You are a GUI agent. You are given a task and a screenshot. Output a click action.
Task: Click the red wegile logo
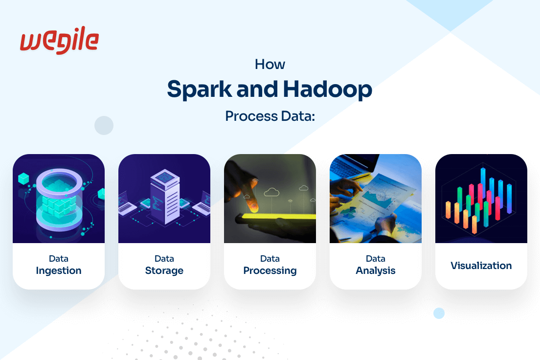pyautogui.click(x=59, y=40)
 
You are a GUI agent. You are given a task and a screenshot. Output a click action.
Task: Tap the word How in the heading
pyautogui.click(x=270, y=65)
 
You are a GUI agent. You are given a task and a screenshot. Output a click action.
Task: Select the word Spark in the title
pyautogui.click(x=200, y=89)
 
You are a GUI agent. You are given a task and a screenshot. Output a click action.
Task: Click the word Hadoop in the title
pyautogui.click(x=328, y=89)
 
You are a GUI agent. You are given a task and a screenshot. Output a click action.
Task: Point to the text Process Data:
pyautogui.click(x=270, y=116)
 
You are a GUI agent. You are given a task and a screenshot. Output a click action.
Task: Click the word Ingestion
pyautogui.click(x=59, y=271)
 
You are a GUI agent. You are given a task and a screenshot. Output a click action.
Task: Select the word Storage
pyautogui.click(x=164, y=271)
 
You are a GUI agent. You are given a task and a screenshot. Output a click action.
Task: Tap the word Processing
pyautogui.click(x=270, y=271)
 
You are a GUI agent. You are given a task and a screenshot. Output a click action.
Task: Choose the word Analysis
pyautogui.click(x=375, y=271)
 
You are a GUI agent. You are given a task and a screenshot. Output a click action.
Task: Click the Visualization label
pyautogui.click(x=481, y=266)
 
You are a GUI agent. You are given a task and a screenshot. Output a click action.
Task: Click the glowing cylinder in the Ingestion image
pyautogui.click(x=59, y=200)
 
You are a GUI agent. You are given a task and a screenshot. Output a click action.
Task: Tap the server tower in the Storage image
pyautogui.click(x=165, y=196)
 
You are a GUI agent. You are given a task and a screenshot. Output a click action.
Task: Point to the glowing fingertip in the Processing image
pyautogui.click(x=253, y=207)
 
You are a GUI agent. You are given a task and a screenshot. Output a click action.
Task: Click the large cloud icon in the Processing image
pyautogui.click(x=272, y=192)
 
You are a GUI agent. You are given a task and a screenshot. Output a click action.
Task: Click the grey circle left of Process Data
pyautogui.click(x=104, y=125)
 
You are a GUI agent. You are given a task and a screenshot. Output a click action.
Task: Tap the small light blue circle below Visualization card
pyautogui.click(x=439, y=313)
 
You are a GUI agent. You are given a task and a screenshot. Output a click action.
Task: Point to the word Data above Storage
pyautogui.click(x=164, y=259)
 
